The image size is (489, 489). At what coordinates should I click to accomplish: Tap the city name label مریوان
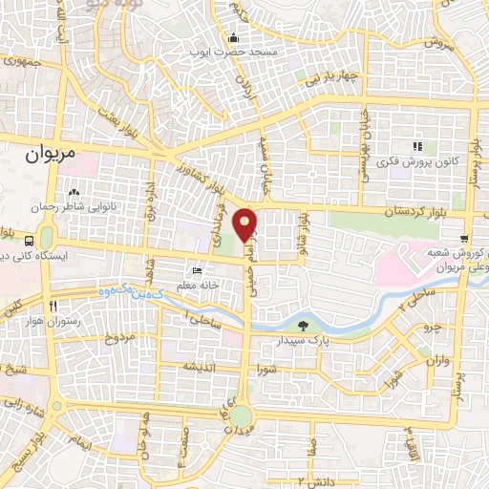(x=47, y=152)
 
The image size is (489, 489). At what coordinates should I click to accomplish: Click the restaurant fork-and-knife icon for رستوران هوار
(x=54, y=306)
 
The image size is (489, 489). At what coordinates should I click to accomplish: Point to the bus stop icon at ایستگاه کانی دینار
(x=31, y=241)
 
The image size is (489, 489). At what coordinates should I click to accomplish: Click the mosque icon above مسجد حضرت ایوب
(x=233, y=38)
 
